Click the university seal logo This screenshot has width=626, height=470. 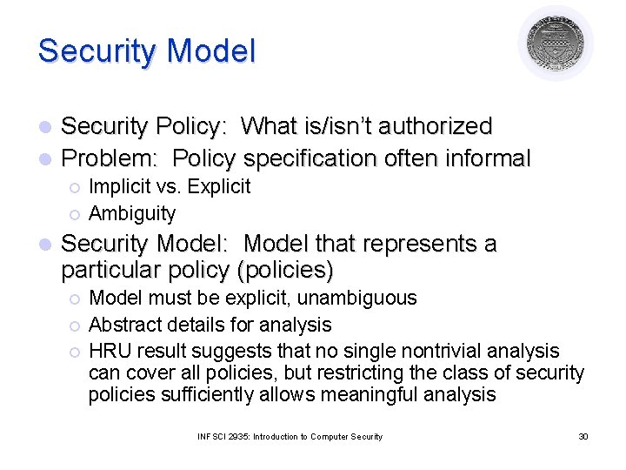tap(556, 43)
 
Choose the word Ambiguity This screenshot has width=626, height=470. tap(132, 213)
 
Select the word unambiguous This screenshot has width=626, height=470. tap(357, 298)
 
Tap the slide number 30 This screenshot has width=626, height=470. tap(583, 436)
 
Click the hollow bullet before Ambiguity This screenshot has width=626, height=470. tap(76, 214)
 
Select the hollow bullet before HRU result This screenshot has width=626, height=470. tap(76, 352)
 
